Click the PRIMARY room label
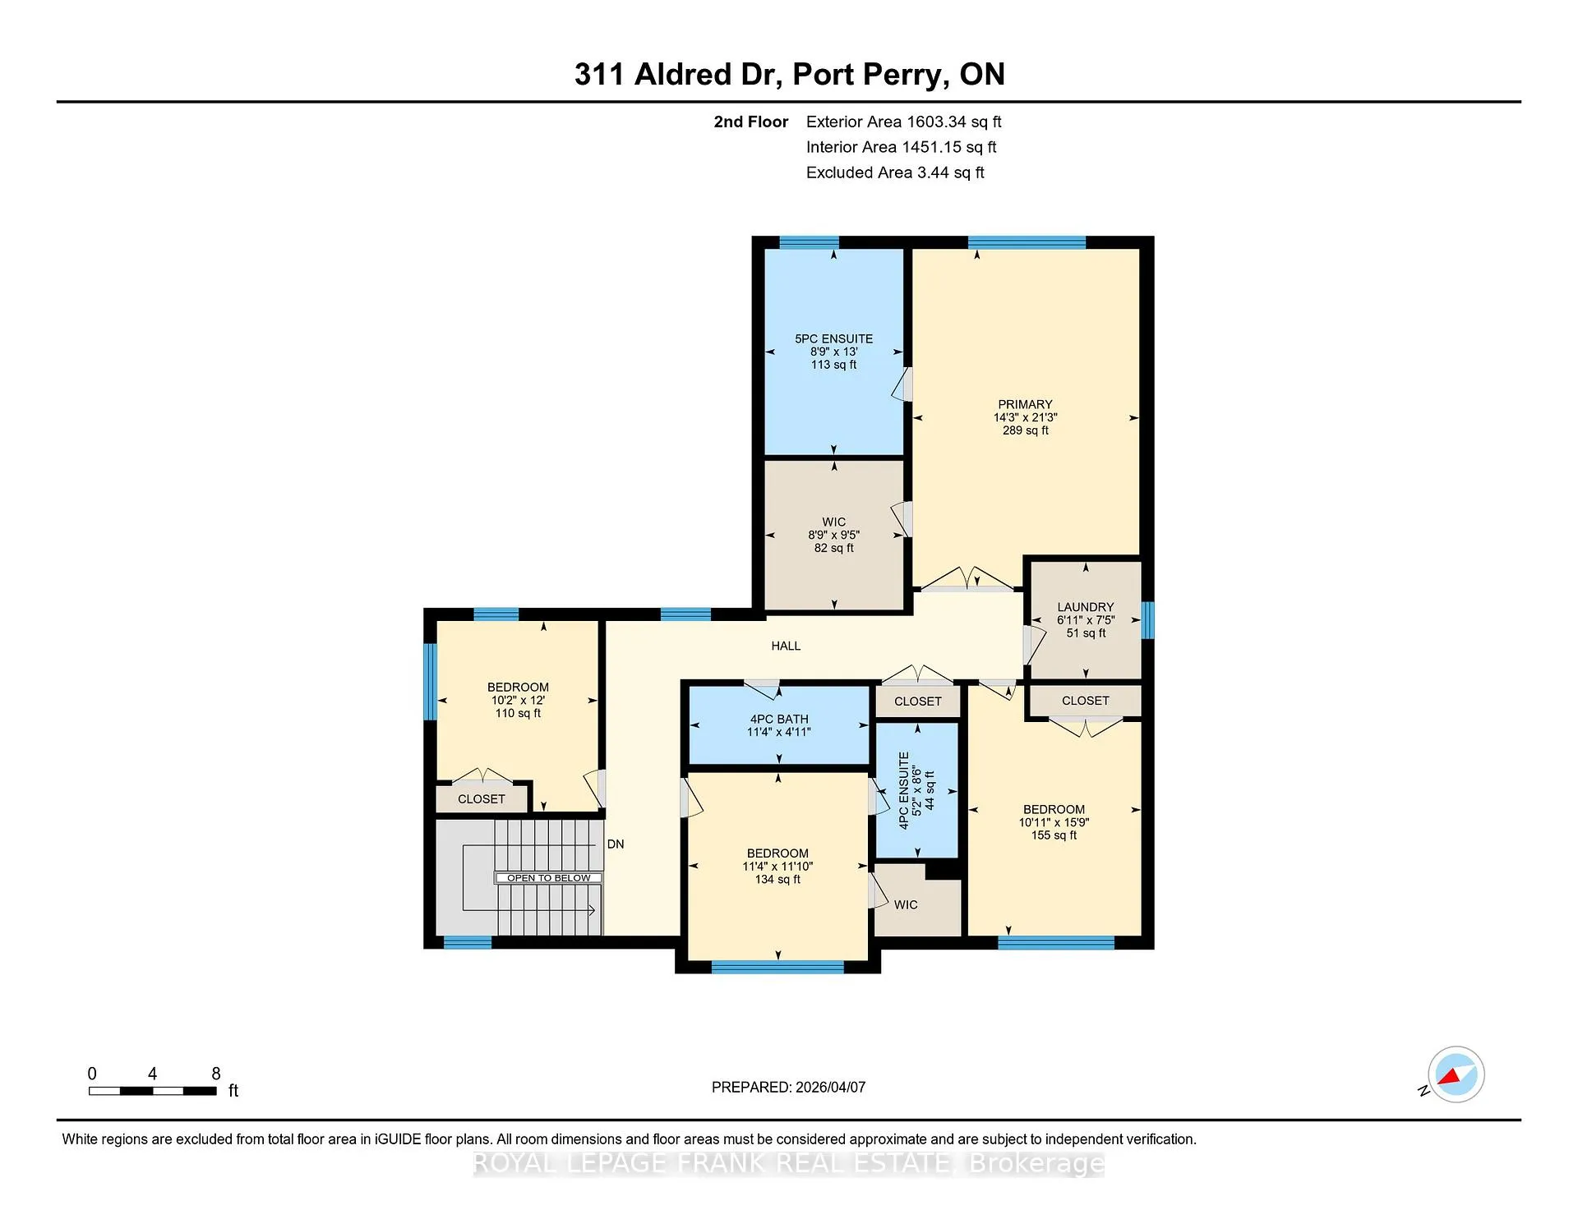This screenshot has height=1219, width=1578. point(1025,404)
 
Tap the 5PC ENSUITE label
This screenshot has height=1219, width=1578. point(833,338)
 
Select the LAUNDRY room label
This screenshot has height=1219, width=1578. point(1086,607)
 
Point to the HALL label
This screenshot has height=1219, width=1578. point(786,646)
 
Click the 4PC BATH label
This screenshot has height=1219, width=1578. point(779,719)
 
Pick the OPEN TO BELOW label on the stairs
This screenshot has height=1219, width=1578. point(548,878)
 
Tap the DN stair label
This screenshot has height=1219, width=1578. point(616,844)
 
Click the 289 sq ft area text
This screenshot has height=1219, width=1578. point(1025,430)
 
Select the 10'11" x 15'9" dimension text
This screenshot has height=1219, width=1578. point(1054,822)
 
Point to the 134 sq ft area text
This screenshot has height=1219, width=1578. point(777,879)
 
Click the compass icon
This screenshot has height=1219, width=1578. point(1456,1074)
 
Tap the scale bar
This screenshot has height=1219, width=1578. point(153,1091)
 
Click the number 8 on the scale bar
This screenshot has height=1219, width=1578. point(216,1074)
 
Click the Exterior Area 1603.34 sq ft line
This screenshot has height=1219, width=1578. point(903,122)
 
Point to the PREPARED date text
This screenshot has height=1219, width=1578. point(788,1087)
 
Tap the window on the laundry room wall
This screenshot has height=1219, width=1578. point(1148,620)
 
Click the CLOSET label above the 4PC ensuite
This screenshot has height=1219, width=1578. point(917,701)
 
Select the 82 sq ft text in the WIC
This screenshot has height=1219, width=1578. point(833,548)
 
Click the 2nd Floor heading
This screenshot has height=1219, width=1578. point(750,122)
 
